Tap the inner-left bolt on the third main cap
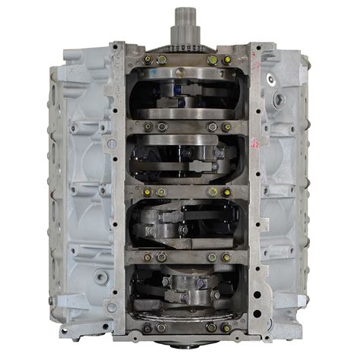(x=160, y=192)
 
